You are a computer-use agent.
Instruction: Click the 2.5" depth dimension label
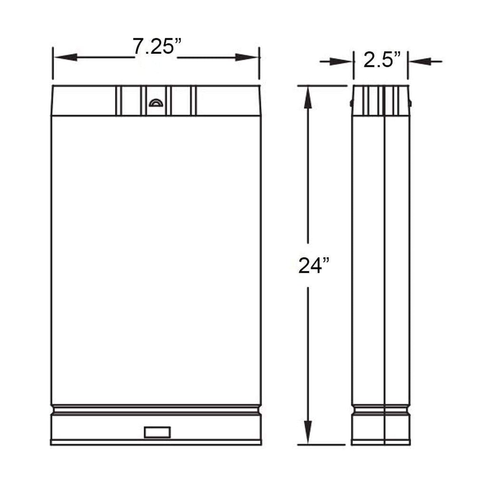coord(382,61)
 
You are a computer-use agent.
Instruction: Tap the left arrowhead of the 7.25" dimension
coord(65,57)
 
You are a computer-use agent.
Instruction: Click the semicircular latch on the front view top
coord(156,103)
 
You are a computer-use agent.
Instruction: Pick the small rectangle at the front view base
coord(157,432)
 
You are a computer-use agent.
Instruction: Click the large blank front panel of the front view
coord(156,260)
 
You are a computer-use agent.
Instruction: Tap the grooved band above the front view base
coord(156,410)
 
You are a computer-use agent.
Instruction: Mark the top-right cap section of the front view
coord(227,101)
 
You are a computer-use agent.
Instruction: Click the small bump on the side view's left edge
coord(351,103)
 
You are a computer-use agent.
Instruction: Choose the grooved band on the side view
coord(381,410)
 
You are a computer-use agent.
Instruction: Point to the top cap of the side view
coord(381,100)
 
